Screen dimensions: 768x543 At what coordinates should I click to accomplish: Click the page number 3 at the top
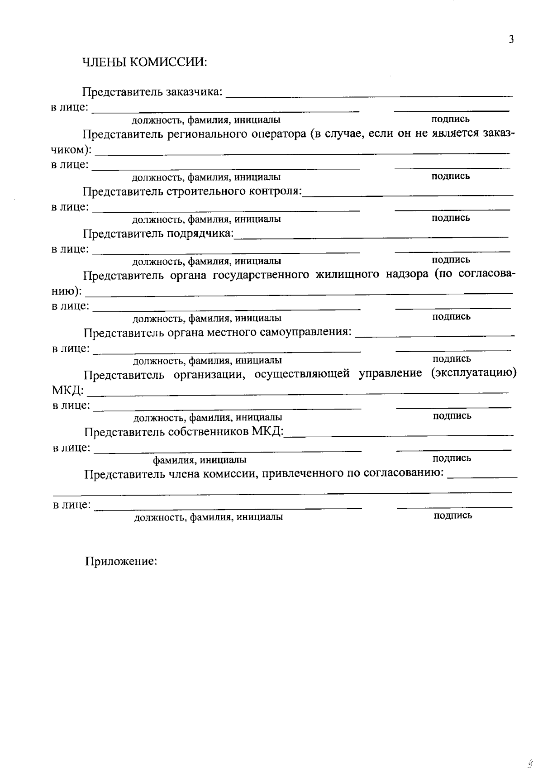tap(511, 40)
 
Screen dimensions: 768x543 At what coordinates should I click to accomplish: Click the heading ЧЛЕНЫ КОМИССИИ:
tap(144, 62)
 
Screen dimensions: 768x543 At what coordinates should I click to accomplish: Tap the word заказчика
tap(194, 92)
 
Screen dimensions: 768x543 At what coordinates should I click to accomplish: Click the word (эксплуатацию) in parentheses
tap(473, 373)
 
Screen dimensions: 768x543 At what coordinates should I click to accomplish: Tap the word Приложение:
tap(121, 562)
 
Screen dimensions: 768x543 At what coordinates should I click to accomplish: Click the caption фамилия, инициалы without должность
tap(200, 460)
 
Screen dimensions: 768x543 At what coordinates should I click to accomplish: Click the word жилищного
tap(347, 275)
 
